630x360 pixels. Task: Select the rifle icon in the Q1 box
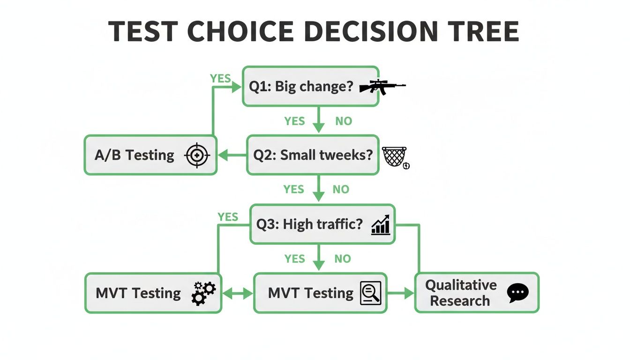click(382, 87)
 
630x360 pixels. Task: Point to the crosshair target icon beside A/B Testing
click(197, 156)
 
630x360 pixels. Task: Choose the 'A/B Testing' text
click(134, 156)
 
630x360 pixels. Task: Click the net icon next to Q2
click(394, 157)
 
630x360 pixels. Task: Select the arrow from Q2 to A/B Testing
click(232, 156)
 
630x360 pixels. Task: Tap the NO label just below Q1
click(344, 121)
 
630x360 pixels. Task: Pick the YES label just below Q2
click(293, 189)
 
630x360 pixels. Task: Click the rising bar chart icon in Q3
click(381, 225)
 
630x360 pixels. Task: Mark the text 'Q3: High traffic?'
click(309, 225)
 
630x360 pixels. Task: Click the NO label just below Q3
click(343, 259)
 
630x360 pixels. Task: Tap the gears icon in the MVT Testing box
click(203, 293)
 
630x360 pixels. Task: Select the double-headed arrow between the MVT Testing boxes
click(237, 293)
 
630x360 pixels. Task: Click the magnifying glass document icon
click(370, 293)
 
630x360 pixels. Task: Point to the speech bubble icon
click(518, 293)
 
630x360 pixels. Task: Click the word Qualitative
click(461, 285)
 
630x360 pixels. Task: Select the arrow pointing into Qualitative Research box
click(401, 293)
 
